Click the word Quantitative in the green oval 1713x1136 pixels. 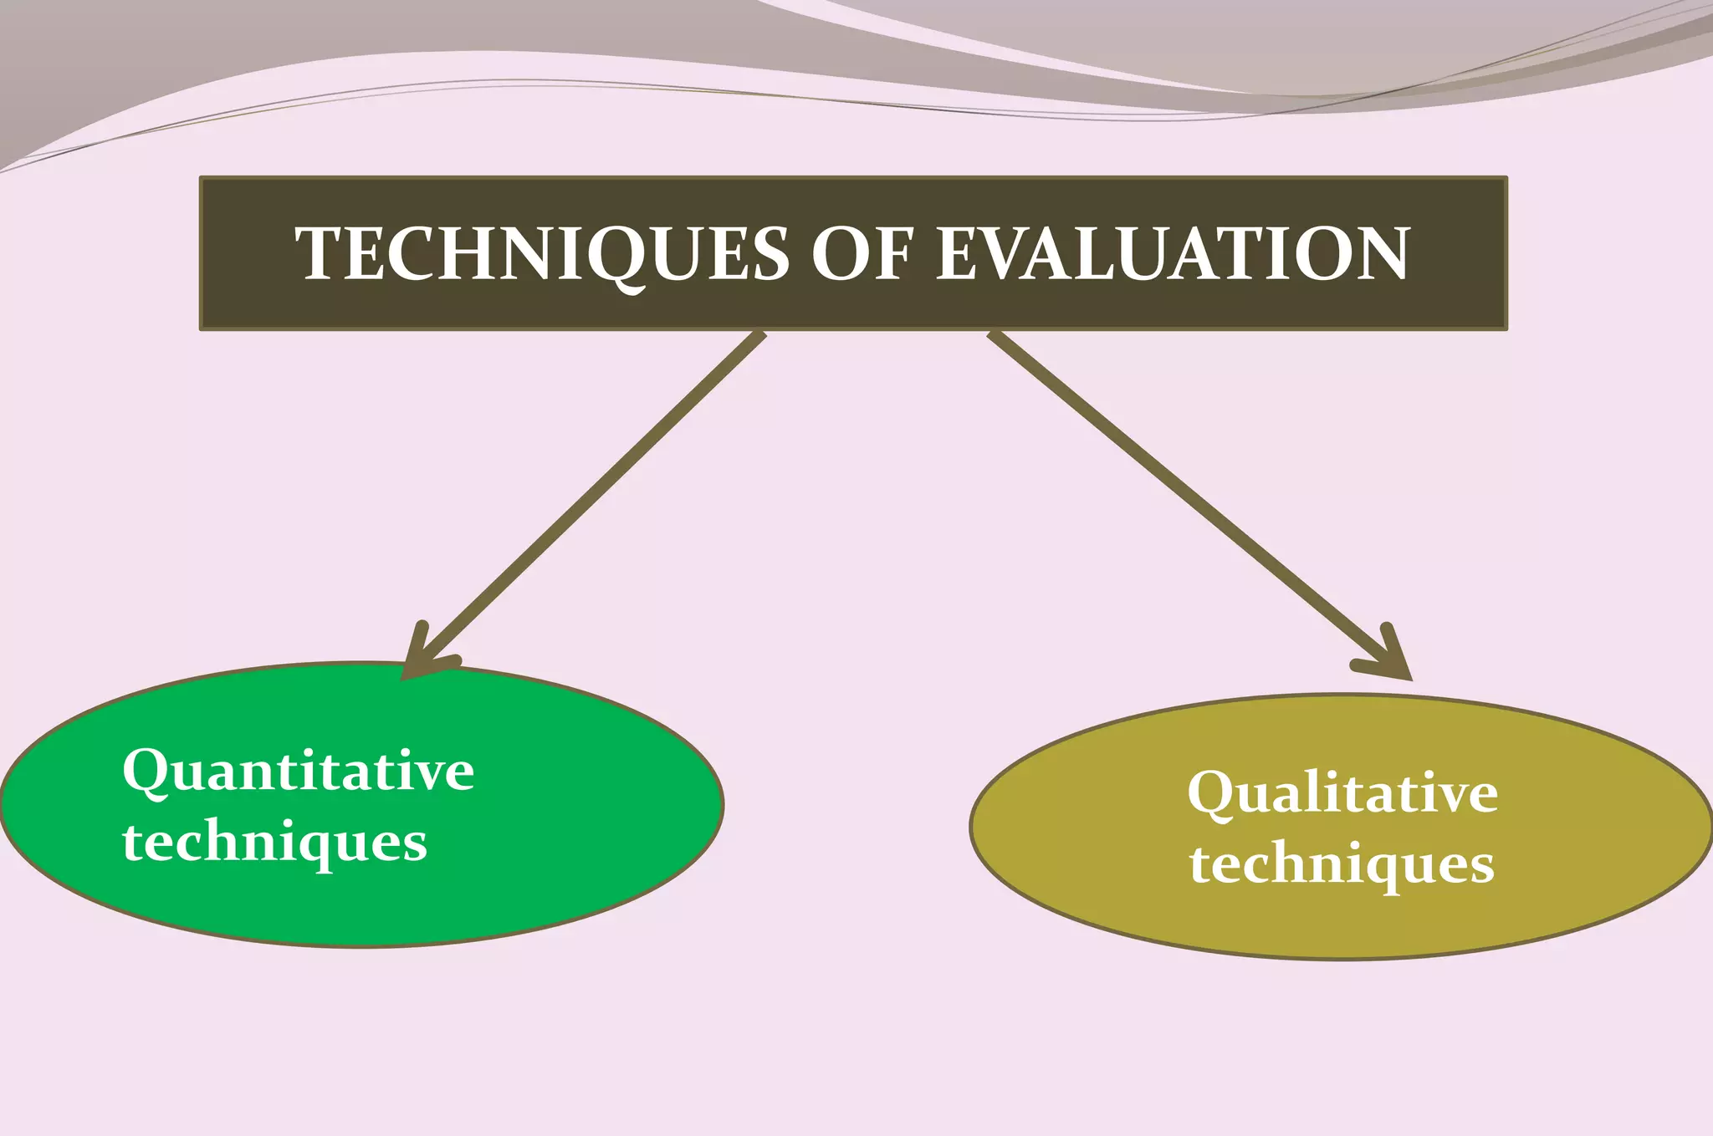(298, 770)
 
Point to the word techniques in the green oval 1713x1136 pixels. (274, 842)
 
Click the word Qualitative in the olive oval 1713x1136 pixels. (1342, 792)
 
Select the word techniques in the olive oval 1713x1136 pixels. (1342, 863)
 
